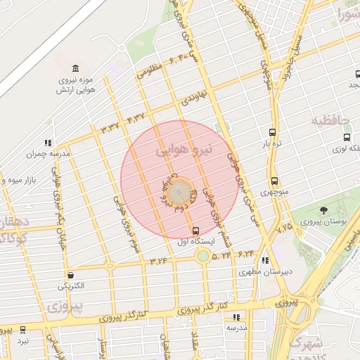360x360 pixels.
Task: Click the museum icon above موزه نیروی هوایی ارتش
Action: pos(75,67)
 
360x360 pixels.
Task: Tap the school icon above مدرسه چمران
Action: pos(48,143)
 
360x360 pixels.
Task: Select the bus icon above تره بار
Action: pos(272,132)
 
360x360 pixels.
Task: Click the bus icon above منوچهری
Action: pos(274,181)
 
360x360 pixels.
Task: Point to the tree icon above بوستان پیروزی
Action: pos(323,210)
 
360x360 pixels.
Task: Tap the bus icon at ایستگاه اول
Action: pos(195,231)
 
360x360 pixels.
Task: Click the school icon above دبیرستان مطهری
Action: pos(264,260)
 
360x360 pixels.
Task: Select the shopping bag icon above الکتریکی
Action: pos(70,275)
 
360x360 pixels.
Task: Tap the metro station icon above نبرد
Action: pos(23,329)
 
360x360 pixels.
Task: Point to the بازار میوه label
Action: pos(20,181)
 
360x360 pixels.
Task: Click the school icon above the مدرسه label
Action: pos(236,317)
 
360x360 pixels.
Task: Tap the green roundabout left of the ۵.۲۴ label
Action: pos(203,257)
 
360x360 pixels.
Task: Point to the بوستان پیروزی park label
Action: pos(323,221)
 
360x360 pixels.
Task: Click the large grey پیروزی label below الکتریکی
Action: pos(67,306)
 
